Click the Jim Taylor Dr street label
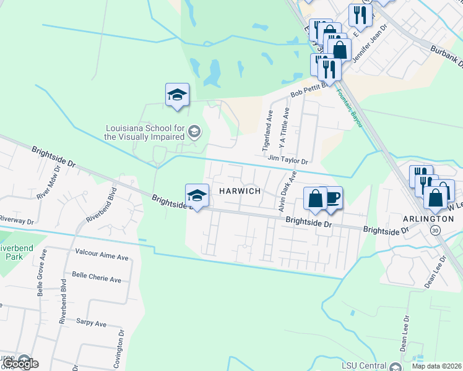click(x=288, y=160)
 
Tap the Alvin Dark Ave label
click(x=282, y=194)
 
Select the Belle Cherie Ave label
click(x=96, y=278)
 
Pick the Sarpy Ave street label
click(x=92, y=323)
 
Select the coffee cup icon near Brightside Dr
click(x=332, y=197)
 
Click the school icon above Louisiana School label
click(x=177, y=95)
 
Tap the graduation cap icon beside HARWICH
click(x=197, y=195)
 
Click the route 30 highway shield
click(x=436, y=230)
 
